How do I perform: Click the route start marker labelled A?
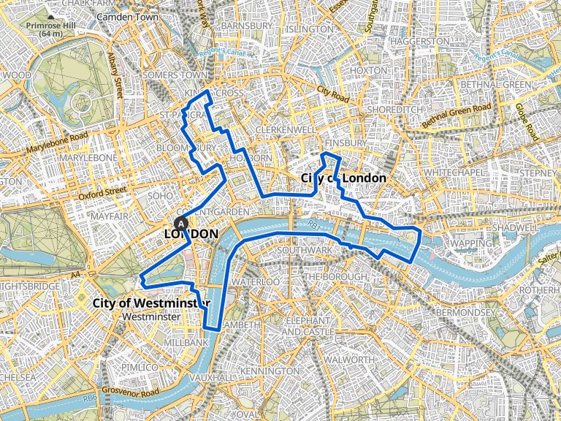[181, 223]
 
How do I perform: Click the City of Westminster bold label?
[152, 303]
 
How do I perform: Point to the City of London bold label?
[343, 178]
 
